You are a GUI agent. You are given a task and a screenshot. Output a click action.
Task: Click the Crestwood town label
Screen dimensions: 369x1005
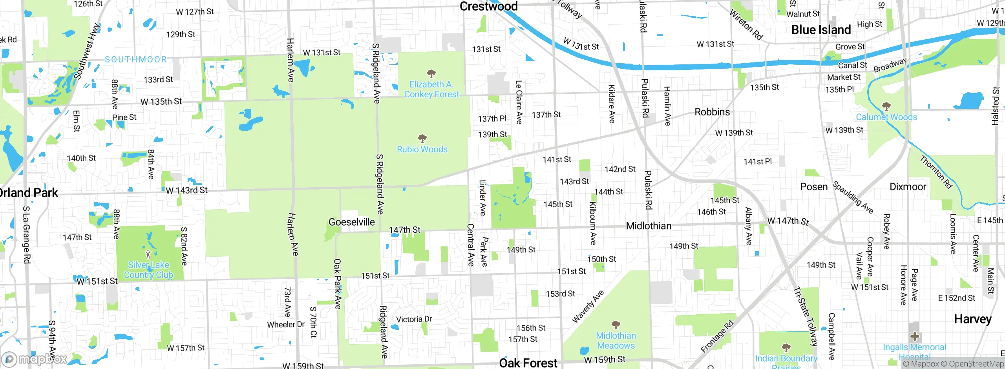[x=488, y=6]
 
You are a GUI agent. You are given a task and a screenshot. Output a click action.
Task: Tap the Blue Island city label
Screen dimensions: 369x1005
[x=821, y=30]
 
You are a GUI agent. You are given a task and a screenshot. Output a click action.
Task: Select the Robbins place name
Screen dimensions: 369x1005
[x=712, y=112]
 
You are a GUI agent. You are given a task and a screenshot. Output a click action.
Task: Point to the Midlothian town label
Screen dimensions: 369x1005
[x=649, y=226]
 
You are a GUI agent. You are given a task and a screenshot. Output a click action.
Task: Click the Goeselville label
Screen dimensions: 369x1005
[x=351, y=222]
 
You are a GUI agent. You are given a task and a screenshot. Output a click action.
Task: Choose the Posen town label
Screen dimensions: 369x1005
[x=814, y=187]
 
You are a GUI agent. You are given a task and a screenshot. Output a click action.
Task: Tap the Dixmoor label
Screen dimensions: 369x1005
[x=908, y=187]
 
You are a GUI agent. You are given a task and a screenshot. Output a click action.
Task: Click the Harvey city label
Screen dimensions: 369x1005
[x=972, y=319]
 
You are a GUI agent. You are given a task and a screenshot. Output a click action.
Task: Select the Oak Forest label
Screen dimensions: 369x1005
[x=528, y=363]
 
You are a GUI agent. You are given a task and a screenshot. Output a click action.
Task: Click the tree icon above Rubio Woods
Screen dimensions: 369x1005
[x=422, y=138]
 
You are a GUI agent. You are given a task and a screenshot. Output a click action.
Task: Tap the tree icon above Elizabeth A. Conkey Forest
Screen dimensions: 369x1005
[x=431, y=73]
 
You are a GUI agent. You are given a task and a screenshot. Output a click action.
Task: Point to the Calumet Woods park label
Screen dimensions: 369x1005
[x=886, y=117]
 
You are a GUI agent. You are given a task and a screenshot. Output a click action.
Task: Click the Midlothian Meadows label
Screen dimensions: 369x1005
[x=616, y=340]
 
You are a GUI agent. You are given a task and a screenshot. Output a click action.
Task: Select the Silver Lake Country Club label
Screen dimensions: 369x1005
[x=148, y=270]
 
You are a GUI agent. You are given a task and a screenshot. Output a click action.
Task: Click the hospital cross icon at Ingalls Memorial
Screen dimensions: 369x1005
[x=915, y=336]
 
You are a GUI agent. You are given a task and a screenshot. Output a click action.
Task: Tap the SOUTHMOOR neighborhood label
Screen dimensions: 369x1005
[x=136, y=59]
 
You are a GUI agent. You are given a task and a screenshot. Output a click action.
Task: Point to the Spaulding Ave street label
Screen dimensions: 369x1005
[x=853, y=197]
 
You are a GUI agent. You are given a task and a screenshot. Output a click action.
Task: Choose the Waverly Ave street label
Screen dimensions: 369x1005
[x=588, y=307]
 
